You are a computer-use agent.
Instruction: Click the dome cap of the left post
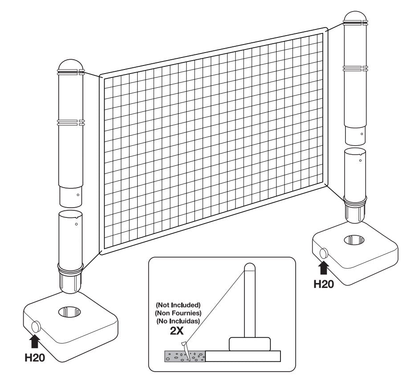[x=71, y=65]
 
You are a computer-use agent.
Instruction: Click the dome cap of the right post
[x=355, y=16]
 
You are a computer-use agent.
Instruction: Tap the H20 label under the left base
[x=35, y=357]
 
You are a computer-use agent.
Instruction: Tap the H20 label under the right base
[x=324, y=284]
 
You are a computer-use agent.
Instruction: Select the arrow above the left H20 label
[x=35, y=341]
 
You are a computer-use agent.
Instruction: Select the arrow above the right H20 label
[x=324, y=268]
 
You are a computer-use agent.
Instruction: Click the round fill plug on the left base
[x=36, y=327]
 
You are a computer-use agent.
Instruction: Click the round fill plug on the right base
[x=324, y=253]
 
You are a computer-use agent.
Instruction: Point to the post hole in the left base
[x=69, y=311]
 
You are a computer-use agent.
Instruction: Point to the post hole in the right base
[x=354, y=240]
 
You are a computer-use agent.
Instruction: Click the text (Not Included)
[x=178, y=305]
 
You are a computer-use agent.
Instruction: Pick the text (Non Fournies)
[x=178, y=313]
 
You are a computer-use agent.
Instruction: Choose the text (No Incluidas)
[x=178, y=321]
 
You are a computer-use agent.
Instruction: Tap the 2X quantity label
[x=177, y=331]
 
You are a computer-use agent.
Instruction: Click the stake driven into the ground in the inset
[x=187, y=351]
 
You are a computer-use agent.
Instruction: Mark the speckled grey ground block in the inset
[x=185, y=357]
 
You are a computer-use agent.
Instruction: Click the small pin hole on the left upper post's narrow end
[x=78, y=195]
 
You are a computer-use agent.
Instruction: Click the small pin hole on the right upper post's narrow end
[x=362, y=134]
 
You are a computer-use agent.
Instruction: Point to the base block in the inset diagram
[x=250, y=344]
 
